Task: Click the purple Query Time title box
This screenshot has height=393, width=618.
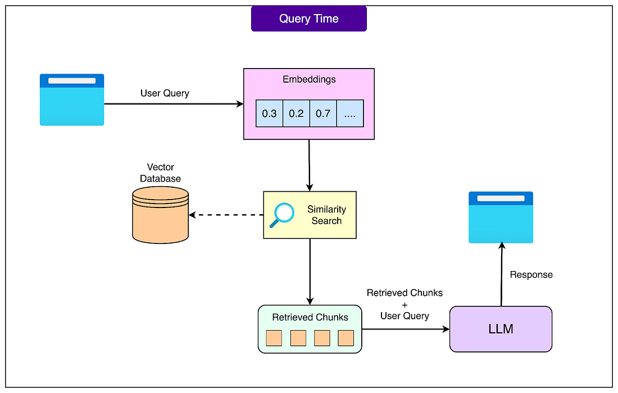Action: [309, 19]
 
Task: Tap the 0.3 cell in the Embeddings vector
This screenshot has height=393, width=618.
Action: [269, 114]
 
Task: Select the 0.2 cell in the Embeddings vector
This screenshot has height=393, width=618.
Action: [296, 114]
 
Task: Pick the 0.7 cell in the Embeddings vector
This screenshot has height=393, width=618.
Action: [323, 114]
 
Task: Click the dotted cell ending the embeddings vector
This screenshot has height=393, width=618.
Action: [350, 114]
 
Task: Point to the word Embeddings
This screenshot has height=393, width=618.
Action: [309, 79]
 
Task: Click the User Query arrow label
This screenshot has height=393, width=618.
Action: [165, 93]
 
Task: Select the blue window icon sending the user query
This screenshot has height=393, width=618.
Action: [72, 100]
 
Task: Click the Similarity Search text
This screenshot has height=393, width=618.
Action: [326, 215]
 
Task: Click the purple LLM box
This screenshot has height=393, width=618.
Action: [501, 329]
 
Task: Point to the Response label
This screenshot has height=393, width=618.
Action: [531, 275]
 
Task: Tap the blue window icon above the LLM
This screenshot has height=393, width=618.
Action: [501, 217]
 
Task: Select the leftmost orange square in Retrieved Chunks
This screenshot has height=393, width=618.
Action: [274, 338]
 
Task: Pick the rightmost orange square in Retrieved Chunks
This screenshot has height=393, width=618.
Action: [346, 338]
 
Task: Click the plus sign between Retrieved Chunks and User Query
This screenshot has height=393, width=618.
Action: [405, 304]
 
